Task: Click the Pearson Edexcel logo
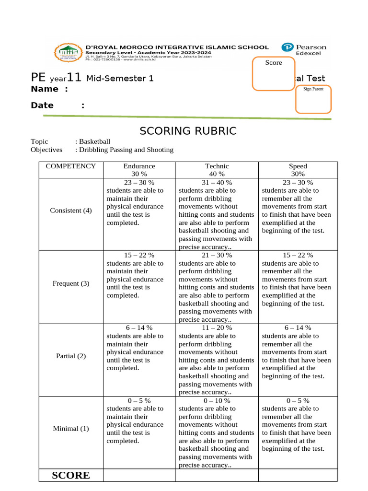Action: coord(304,50)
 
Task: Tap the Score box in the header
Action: coord(274,73)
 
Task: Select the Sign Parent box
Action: coord(313,99)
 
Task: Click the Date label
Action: coord(42,105)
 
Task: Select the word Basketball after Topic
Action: coord(94,141)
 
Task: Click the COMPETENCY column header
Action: coord(71,166)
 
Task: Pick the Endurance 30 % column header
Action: coord(139,170)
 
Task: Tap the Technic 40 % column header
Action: coord(217,170)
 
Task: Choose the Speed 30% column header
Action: coord(298,170)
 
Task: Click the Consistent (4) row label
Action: coord(71,210)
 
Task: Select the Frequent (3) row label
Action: coord(71,283)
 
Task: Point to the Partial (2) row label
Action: coord(71,356)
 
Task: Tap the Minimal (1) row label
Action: coord(71,429)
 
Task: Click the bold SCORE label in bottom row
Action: coord(70,475)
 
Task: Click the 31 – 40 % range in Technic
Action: coord(217,183)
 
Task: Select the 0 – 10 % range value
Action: coord(217,400)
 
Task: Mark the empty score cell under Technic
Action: coord(217,475)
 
